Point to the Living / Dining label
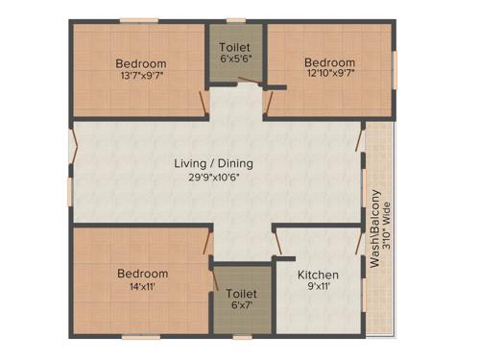[x=213, y=163]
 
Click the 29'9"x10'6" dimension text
[x=214, y=177]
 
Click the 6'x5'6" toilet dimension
[x=235, y=60]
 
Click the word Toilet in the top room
[x=235, y=48]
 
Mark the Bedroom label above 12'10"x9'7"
[x=329, y=62]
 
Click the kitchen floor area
[x=316, y=312]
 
